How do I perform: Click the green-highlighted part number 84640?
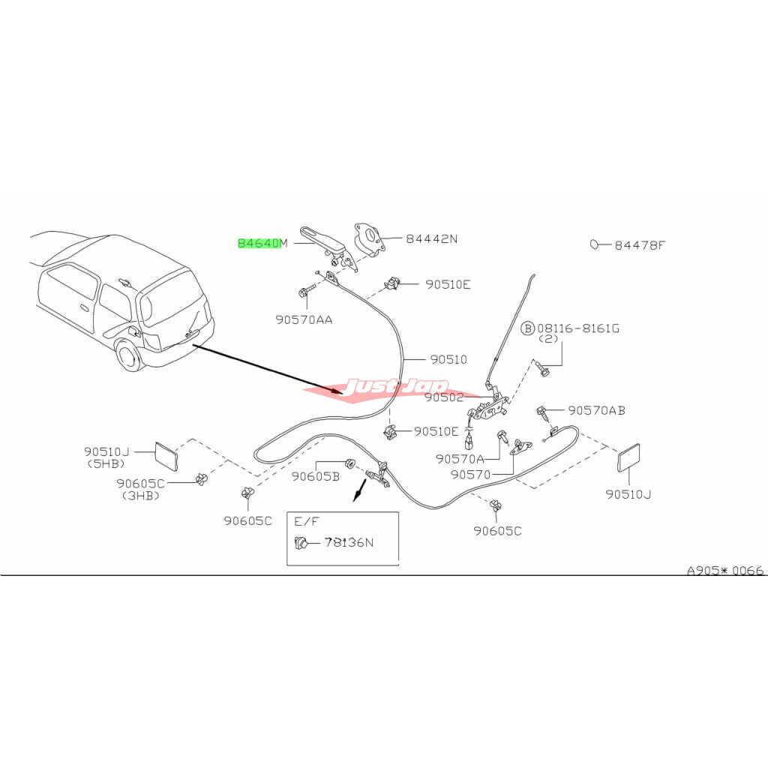(259, 243)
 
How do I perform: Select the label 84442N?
(431, 240)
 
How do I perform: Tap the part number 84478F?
(640, 245)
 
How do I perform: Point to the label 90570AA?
(304, 319)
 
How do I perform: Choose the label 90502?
(445, 398)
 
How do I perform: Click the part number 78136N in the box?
(348, 542)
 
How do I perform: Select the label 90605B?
(316, 475)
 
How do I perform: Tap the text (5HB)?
(105, 463)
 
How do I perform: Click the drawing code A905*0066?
(725, 571)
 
